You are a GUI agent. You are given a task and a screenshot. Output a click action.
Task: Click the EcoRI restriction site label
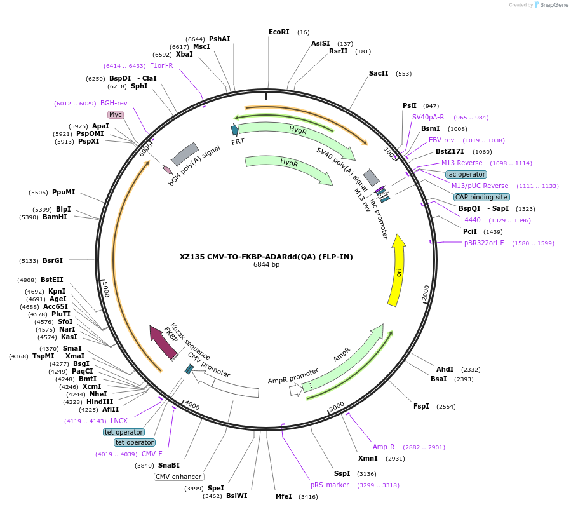(279, 32)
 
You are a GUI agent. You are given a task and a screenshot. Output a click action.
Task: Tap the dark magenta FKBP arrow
(163, 343)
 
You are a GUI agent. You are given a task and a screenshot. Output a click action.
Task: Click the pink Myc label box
(116, 114)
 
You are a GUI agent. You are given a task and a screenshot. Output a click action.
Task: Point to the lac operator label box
(466, 174)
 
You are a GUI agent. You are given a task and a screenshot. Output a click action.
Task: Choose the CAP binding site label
(481, 197)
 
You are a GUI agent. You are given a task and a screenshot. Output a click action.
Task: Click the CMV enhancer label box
(178, 477)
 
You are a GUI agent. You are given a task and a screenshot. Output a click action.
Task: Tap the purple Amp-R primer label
(383, 447)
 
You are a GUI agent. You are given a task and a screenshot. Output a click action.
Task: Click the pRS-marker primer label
(330, 485)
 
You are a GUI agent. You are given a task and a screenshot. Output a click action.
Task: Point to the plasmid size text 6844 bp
(266, 265)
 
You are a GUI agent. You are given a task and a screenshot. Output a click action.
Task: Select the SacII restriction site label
(379, 73)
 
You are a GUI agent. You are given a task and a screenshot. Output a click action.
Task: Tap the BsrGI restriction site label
(53, 260)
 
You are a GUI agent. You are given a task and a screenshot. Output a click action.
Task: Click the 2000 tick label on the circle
(426, 293)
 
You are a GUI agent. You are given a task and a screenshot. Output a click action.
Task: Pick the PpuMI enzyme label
(64, 192)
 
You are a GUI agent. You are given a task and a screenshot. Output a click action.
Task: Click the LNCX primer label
(119, 421)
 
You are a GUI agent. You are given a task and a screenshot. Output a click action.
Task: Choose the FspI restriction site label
(421, 406)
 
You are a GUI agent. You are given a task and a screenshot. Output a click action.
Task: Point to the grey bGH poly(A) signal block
(184, 154)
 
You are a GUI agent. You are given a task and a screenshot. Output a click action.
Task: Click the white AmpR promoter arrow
(295, 389)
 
